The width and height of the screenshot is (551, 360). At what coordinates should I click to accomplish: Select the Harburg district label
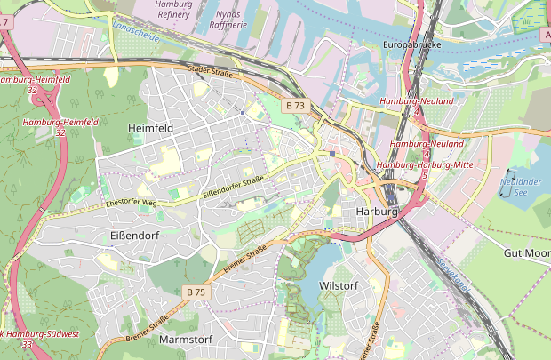coord(374,212)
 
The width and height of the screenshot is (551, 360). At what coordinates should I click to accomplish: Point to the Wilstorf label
coord(338,285)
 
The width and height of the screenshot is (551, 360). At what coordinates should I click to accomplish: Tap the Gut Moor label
coord(526,253)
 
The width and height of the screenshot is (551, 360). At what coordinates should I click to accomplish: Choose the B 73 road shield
coord(296,106)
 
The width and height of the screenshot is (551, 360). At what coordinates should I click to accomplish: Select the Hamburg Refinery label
coord(172,10)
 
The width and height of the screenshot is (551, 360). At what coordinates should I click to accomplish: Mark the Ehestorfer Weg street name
coord(131,204)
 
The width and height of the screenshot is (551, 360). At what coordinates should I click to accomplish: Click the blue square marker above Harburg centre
coord(332,154)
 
